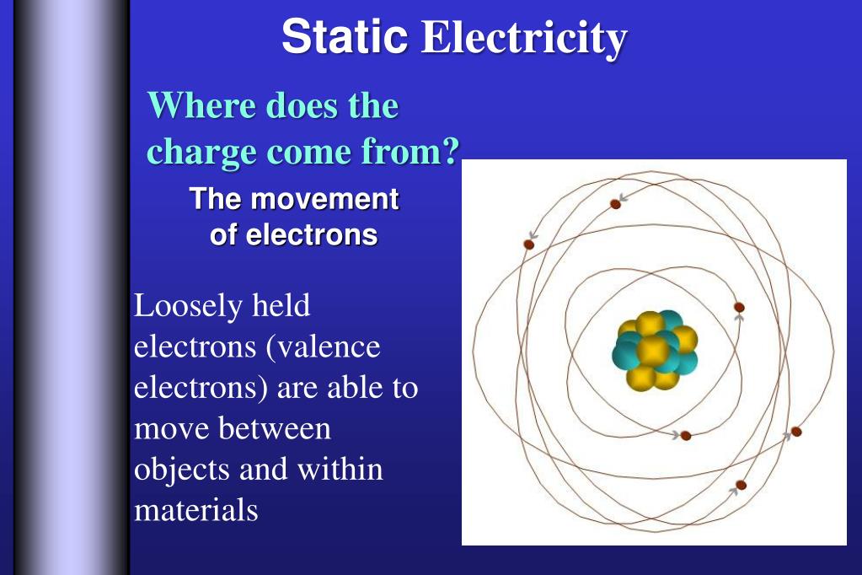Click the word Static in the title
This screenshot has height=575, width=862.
[344, 36]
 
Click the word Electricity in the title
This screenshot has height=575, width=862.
[523, 38]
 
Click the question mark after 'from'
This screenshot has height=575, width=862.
[452, 152]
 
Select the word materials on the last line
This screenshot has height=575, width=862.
[195, 510]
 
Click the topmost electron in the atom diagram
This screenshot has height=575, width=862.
[615, 204]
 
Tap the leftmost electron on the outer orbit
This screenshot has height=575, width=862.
[529, 245]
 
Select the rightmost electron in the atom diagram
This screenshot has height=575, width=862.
[795, 432]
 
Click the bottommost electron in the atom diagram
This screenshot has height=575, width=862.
[741, 485]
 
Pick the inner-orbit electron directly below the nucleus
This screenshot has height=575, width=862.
[685, 436]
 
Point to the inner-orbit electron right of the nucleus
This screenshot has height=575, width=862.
[739, 307]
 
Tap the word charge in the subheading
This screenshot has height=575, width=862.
[202, 153]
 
